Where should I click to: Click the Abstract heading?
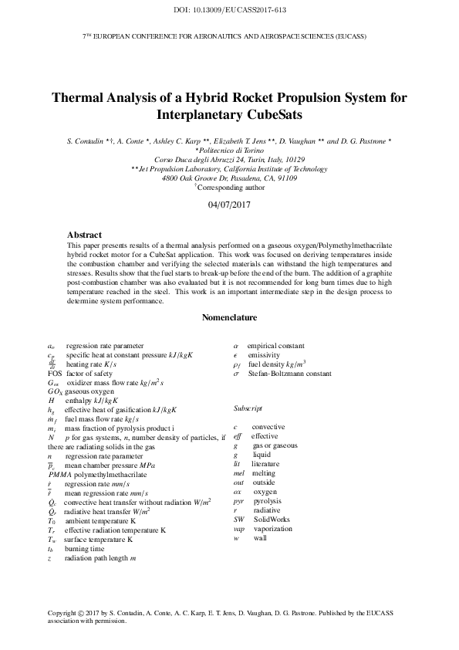84,234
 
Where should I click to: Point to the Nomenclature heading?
229,317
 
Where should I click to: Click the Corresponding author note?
231,187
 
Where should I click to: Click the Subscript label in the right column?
247,407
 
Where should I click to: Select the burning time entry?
82,526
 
